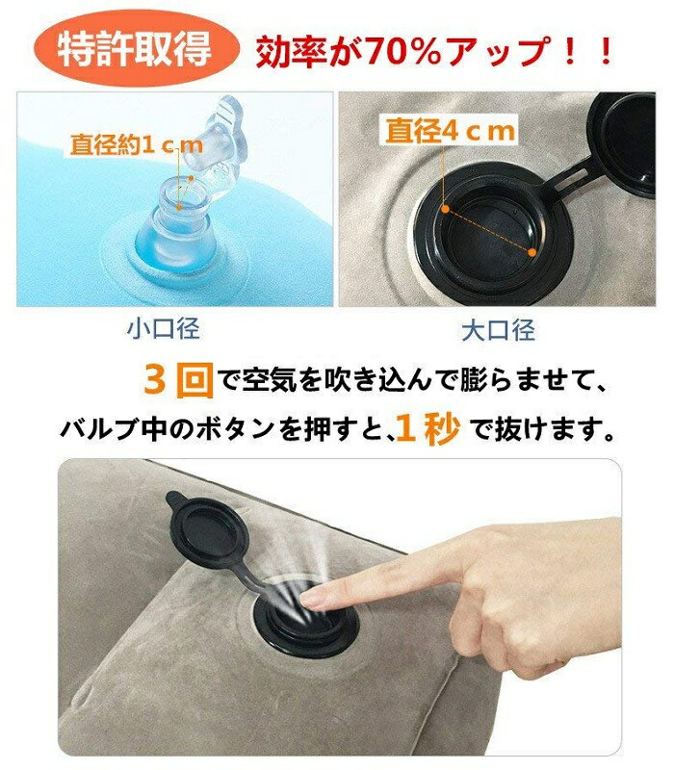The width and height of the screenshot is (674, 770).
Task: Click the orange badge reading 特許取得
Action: coord(136,49)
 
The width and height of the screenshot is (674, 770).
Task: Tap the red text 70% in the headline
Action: coord(402,50)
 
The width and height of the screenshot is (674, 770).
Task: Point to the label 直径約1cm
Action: coord(136,145)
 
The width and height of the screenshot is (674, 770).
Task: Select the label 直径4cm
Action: coord(450,131)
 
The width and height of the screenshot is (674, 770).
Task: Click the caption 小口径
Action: coord(163,329)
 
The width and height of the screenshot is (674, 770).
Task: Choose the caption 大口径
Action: coord(498,330)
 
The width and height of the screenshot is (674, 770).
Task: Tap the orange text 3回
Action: coord(179,379)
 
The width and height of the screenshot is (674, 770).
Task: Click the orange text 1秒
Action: coord(428,428)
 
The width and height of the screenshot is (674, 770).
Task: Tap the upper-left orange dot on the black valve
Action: coord(445,209)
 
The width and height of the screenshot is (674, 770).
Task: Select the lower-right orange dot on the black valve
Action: coord(532,252)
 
